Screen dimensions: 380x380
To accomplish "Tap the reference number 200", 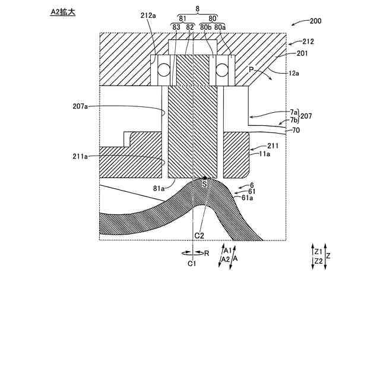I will point(315,21).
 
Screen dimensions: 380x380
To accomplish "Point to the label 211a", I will point(79,156).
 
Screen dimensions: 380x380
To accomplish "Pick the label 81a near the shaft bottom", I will point(159,189).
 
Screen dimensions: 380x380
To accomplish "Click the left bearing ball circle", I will point(163,71).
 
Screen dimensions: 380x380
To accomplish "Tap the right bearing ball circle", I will point(223,71).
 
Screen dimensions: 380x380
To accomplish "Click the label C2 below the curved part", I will point(200,235).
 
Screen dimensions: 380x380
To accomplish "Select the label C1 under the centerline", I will point(192,263).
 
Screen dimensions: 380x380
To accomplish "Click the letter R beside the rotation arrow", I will point(207,253).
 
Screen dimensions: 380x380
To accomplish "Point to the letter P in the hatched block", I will point(251,70).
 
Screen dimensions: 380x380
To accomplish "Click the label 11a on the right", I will point(264,153).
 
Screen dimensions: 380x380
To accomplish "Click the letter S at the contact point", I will point(205,185).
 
